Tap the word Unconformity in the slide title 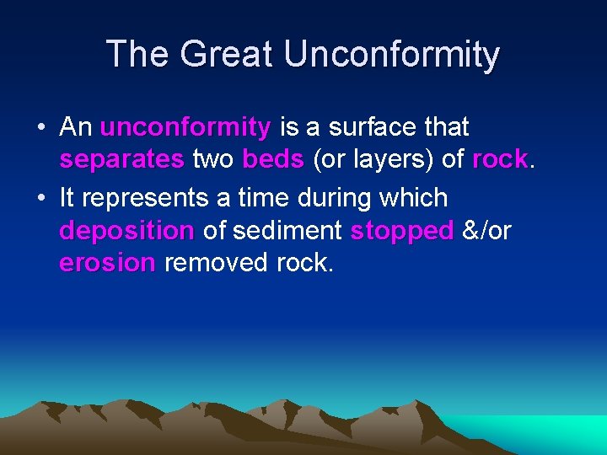pos(392,55)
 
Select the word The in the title pos(138,55)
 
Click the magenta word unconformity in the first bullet pos(185,128)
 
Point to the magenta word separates pos(121,159)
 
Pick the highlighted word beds pos(272,159)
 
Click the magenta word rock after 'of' pos(500,159)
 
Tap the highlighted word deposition pos(127,231)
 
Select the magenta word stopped pos(402,231)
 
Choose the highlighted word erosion pos(107,263)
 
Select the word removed pos(217,263)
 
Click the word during pos(335,199)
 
